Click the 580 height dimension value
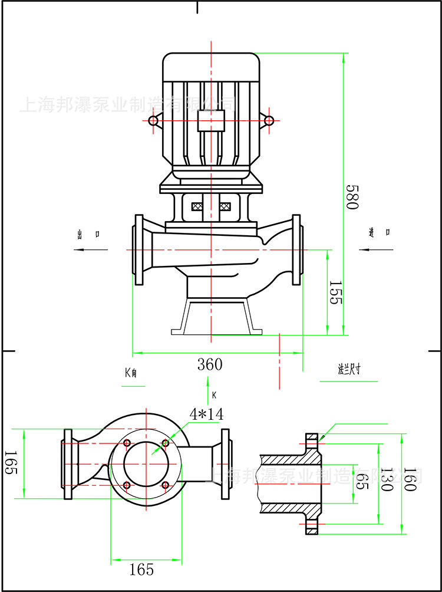[352, 197]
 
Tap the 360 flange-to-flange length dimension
[210, 364]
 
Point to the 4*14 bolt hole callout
[206, 414]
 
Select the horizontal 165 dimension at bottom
[141, 569]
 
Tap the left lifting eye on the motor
[153, 121]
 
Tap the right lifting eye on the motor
[269, 121]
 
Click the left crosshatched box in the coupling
[197, 207]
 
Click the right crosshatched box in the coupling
[225, 207]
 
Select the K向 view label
[131, 373]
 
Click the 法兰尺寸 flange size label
[348, 370]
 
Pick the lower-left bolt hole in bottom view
[127, 485]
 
